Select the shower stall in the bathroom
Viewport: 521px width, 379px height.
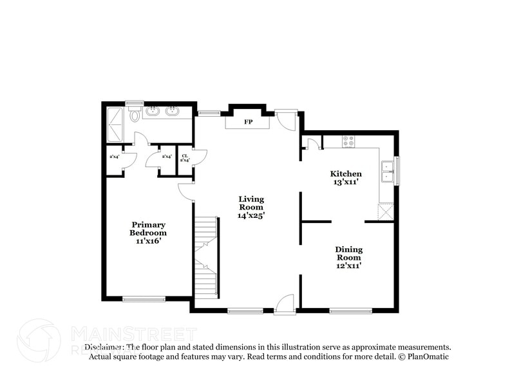click(x=117, y=125)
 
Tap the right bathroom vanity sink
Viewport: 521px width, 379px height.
click(x=172, y=112)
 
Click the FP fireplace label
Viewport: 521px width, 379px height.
click(x=247, y=122)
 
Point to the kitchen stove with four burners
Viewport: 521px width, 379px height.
click(x=348, y=141)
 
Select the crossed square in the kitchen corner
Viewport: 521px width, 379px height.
click(x=386, y=211)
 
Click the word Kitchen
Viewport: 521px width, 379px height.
click(x=346, y=173)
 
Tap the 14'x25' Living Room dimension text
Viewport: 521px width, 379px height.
click(x=251, y=216)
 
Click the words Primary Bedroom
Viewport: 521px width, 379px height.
click(x=148, y=229)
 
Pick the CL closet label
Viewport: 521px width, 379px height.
click(x=185, y=155)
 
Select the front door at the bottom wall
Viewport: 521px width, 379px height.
click(x=284, y=305)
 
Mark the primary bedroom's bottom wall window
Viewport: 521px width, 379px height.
click(x=144, y=298)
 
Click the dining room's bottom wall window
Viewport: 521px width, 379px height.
click(x=351, y=311)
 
